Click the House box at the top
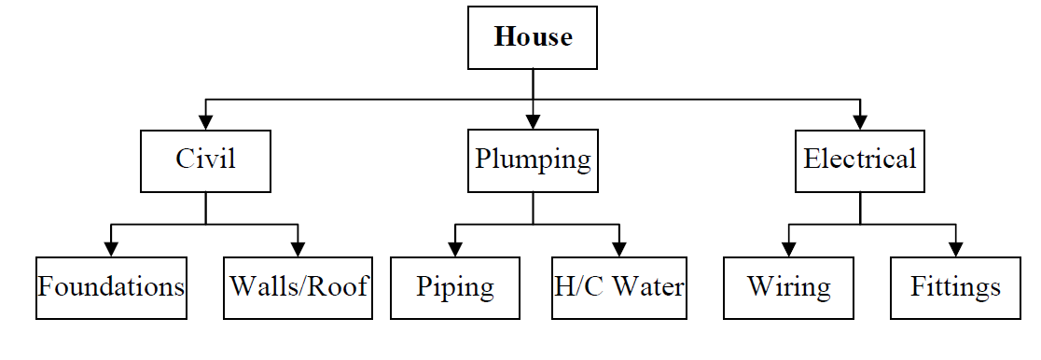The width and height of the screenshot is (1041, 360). (533, 37)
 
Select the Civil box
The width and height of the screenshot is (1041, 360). (205, 160)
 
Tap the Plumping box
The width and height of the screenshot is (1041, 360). (533, 160)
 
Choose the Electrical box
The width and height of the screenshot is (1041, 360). (860, 160)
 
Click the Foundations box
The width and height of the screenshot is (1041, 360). (111, 287)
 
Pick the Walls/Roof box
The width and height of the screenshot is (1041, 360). (298, 287)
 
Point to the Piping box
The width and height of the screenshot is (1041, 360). (454, 287)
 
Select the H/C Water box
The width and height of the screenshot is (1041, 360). (619, 287)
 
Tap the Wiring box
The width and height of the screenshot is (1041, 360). (788, 287)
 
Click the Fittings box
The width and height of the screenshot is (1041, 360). (955, 287)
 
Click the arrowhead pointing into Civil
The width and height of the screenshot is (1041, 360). (205, 121)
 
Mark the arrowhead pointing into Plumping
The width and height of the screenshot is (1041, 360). (533, 121)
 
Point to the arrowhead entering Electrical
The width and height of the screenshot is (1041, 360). (860, 121)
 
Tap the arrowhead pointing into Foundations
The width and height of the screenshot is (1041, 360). (111, 248)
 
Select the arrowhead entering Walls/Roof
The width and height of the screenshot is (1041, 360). (298, 248)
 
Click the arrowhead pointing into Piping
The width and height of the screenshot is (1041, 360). (454, 248)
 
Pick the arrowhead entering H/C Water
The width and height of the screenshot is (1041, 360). (619, 248)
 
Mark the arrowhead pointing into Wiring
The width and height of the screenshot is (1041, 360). (788, 248)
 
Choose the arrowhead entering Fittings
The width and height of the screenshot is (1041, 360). (955, 248)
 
